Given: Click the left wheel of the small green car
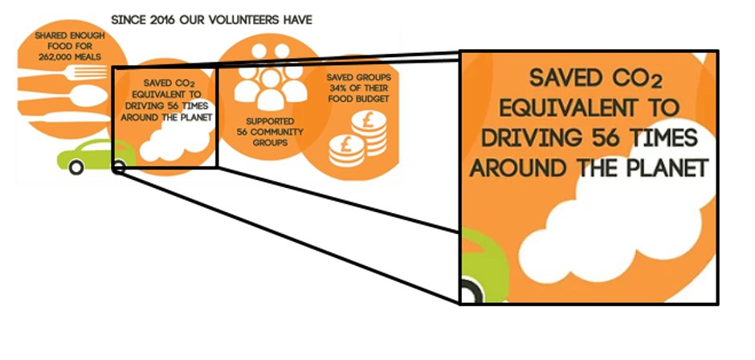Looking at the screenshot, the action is click(x=76, y=168).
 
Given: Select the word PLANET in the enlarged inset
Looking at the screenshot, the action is click(x=667, y=169).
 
